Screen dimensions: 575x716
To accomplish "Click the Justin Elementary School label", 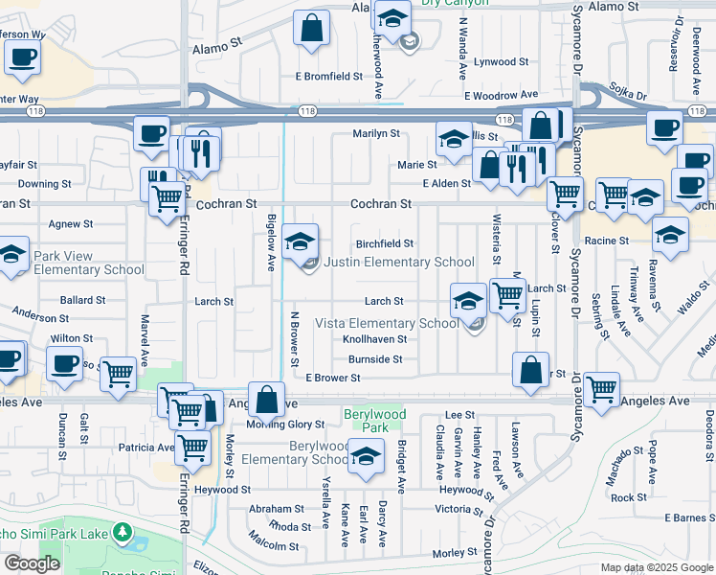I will pos(399,263).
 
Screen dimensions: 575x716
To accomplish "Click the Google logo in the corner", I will pos(32,563).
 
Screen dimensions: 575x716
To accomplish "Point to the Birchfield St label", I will pos(385,244).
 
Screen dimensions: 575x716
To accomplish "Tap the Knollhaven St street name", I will pos(375,339).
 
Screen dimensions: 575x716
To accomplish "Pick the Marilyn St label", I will pos(375,134).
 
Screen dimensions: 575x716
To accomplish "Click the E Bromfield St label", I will pos(328,76).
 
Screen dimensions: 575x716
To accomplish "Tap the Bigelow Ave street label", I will pos(271,242).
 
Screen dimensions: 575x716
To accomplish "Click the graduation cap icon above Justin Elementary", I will pos(301,241).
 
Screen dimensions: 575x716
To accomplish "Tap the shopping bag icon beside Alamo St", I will pos(312,28).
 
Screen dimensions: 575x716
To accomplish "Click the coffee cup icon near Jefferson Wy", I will pos(22,54).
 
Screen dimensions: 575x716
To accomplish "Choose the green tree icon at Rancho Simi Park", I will pos(122,531).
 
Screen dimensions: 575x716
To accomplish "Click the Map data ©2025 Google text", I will pos(657,567).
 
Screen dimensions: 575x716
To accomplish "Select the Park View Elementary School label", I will pos(89,264).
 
